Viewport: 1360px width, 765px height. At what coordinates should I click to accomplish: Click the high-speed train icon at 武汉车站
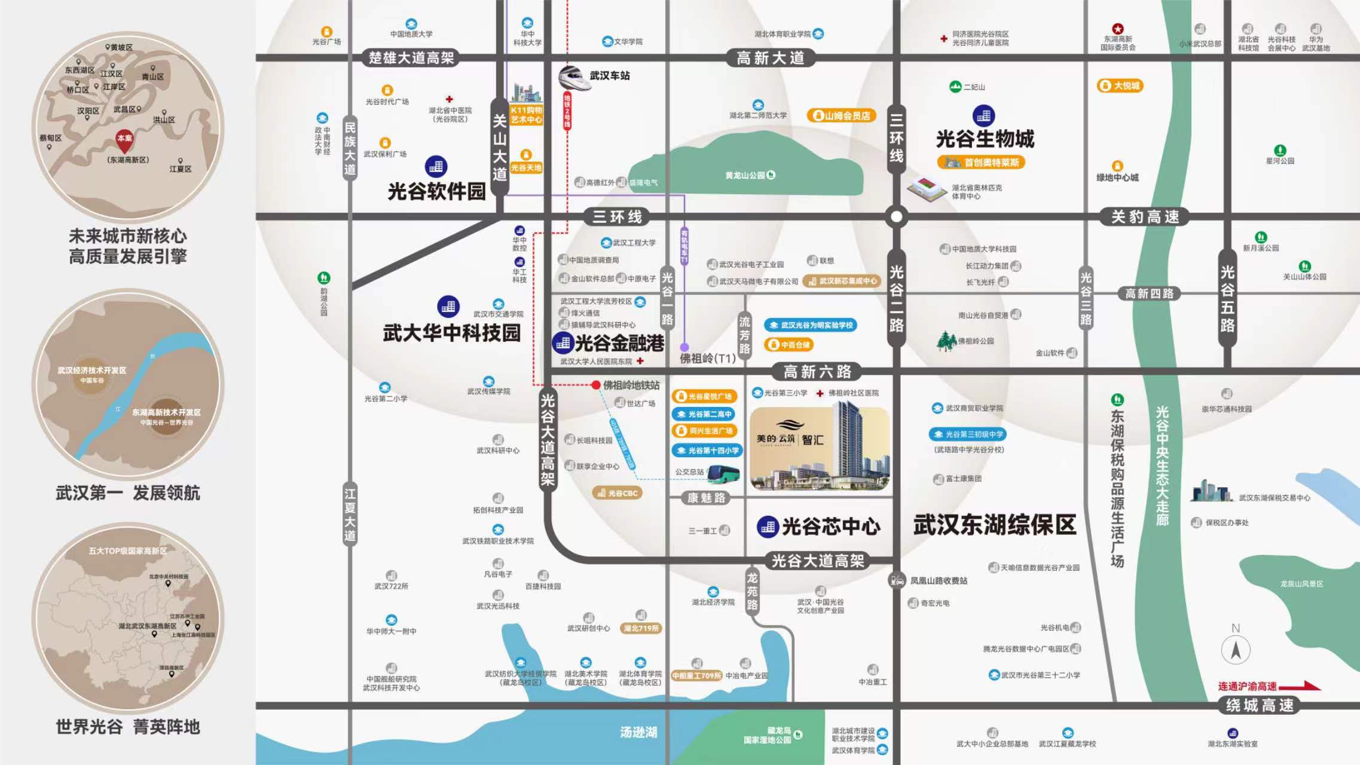click(574, 78)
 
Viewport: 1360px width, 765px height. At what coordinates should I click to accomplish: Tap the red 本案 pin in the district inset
click(124, 140)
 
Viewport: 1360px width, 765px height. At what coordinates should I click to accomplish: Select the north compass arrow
click(1236, 649)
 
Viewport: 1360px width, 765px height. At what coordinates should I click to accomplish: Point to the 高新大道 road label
click(770, 58)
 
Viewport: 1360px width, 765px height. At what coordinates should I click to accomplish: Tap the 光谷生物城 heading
click(985, 139)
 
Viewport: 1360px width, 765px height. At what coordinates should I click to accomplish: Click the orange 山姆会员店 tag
click(842, 115)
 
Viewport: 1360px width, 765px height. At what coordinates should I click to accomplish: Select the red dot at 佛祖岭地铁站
click(595, 385)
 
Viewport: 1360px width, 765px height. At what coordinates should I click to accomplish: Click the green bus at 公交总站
click(723, 473)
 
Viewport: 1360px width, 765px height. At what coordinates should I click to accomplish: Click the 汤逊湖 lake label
click(638, 732)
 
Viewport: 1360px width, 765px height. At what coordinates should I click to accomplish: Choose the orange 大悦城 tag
click(1120, 85)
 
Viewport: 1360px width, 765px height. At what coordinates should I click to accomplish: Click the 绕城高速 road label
click(1260, 705)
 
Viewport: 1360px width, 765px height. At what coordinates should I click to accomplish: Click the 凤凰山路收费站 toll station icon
click(897, 580)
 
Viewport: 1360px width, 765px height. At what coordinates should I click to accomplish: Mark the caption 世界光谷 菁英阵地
click(127, 727)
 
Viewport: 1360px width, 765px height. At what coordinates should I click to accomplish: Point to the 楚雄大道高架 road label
click(411, 58)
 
